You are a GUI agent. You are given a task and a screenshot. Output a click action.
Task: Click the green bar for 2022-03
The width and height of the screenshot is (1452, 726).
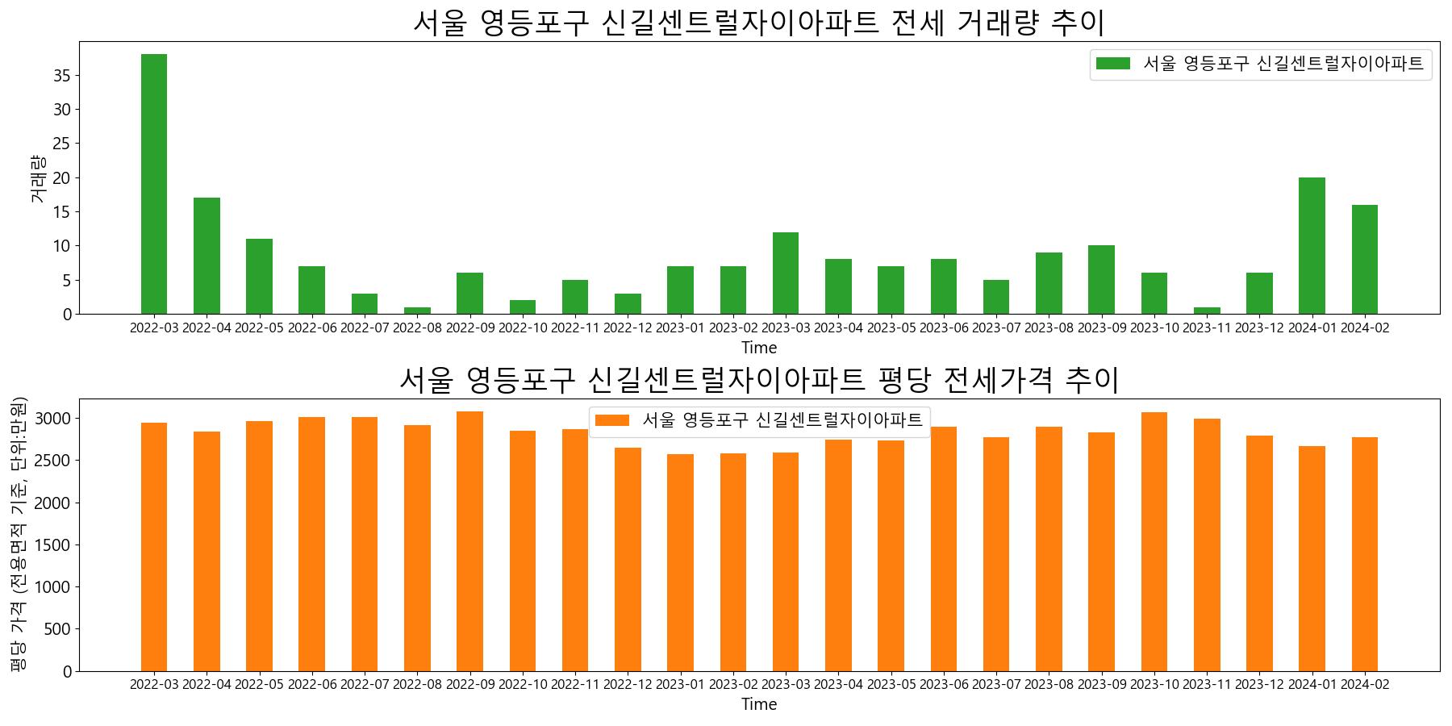pyautogui.click(x=154, y=184)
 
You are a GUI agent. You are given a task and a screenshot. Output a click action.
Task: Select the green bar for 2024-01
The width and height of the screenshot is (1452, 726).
pyautogui.click(x=1312, y=246)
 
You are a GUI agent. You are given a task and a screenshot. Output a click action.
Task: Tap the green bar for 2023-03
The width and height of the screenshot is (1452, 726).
pyautogui.click(x=786, y=273)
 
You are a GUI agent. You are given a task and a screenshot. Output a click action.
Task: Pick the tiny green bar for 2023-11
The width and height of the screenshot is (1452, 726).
pyautogui.click(x=1207, y=311)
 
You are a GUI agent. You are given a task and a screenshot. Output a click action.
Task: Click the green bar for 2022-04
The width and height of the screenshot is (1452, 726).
pyautogui.click(x=207, y=256)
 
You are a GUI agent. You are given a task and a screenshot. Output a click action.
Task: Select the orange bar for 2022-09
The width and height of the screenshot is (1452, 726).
pyautogui.click(x=469, y=541)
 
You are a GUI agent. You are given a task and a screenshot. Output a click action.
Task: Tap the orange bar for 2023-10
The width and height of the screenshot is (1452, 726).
pyautogui.click(x=1154, y=541)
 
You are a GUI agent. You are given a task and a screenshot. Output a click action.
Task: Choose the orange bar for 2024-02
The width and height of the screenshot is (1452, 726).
pyautogui.click(x=1365, y=554)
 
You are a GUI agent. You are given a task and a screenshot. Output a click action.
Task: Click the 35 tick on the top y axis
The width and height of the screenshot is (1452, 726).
pyautogui.click(x=62, y=76)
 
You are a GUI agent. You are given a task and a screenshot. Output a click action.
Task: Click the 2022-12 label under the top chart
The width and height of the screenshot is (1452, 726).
pyautogui.click(x=628, y=328)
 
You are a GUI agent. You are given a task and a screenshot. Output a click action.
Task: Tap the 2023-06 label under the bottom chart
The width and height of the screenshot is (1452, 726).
pyautogui.click(x=944, y=684)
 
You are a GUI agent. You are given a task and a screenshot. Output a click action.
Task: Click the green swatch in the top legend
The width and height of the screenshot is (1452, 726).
pyautogui.click(x=1112, y=64)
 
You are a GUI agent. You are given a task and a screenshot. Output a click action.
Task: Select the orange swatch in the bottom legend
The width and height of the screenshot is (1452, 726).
pyautogui.click(x=611, y=420)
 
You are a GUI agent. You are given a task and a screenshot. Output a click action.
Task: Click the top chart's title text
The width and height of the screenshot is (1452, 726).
pyautogui.click(x=758, y=23)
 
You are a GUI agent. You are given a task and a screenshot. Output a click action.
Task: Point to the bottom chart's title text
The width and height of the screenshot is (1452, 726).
pyautogui.click(x=758, y=379)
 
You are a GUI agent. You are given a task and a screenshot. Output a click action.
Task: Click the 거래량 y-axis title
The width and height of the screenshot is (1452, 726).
pyautogui.click(x=37, y=179)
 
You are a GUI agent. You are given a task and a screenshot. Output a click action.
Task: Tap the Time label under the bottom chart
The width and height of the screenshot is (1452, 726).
pyautogui.click(x=759, y=704)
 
